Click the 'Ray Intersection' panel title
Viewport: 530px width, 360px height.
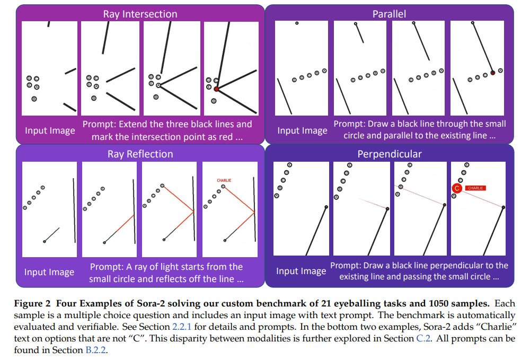pos(140,14)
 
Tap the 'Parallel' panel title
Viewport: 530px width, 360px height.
pos(389,14)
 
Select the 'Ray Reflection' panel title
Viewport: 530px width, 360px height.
pos(140,154)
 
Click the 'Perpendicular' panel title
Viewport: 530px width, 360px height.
pos(389,154)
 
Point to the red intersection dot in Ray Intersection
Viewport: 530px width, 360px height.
pos(216,89)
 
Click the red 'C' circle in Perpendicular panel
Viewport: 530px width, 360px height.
pos(456,188)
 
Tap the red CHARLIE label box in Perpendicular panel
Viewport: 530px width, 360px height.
pos(475,188)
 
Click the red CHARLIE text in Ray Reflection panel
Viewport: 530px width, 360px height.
pos(225,180)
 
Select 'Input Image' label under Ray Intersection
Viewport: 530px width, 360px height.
pos(50,130)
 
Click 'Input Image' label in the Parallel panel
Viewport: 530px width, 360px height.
pos(302,130)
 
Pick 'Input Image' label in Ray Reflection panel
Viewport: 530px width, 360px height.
pos(49,272)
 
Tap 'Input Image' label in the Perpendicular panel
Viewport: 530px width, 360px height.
pos(301,271)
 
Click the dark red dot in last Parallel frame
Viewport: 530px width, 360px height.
pos(492,73)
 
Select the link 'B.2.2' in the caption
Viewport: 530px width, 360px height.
pos(96,349)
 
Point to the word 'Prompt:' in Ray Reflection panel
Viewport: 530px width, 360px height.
pos(105,267)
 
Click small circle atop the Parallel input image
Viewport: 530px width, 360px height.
pos(297,23)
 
